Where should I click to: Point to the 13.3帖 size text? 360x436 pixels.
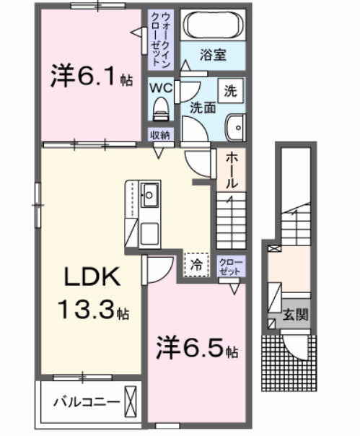[94, 312]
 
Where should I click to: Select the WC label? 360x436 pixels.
[160, 88]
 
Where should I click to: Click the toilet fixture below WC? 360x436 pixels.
[160, 110]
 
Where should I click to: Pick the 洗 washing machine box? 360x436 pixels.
[231, 91]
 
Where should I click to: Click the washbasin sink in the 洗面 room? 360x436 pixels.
[236, 128]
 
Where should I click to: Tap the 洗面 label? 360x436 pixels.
[203, 108]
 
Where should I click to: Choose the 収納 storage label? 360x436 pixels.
[159, 135]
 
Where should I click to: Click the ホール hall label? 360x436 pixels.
[232, 172]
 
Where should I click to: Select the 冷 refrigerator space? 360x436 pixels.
[196, 264]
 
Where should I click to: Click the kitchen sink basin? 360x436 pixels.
[151, 193]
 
